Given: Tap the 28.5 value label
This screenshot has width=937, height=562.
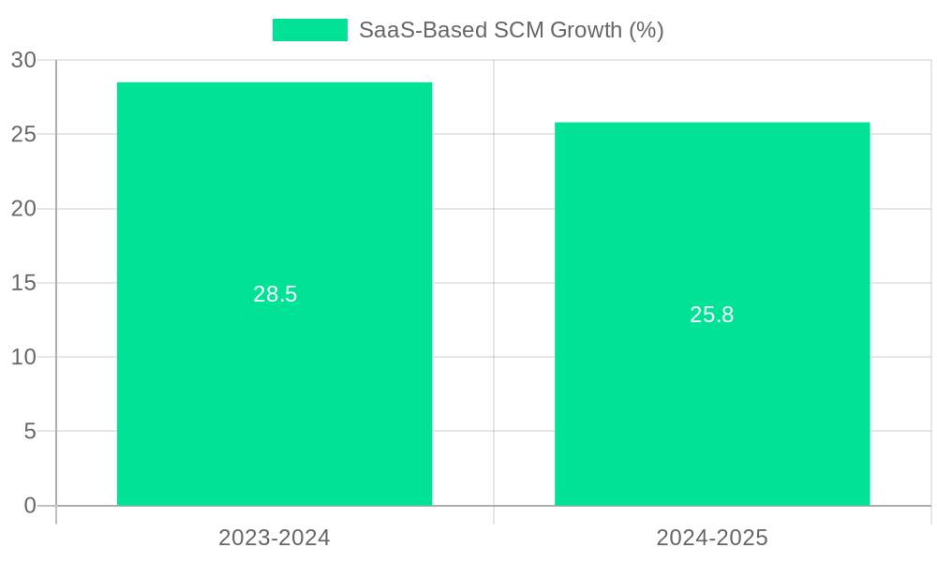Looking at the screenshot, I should (275, 294).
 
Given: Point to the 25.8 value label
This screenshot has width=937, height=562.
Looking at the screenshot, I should (712, 315).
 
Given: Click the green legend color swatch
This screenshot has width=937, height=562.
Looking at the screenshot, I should (309, 30).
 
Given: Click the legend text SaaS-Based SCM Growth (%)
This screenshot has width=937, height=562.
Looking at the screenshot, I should (511, 30).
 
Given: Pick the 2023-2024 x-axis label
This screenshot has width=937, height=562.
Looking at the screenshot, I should (275, 538).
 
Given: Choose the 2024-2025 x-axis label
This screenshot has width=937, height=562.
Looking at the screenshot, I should (712, 538).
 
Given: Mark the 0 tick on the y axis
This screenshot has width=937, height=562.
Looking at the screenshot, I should (30, 506).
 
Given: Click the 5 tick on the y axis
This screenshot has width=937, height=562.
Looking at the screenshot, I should (30, 432).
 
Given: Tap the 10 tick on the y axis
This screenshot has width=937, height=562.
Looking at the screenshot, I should (24, 357).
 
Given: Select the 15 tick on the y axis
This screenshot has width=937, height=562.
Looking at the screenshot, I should (24, 283).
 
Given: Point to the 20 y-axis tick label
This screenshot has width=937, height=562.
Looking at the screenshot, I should (24, 209).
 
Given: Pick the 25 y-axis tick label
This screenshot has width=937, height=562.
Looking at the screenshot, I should (24, 134).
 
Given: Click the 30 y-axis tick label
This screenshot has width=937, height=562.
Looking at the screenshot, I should (24, 60).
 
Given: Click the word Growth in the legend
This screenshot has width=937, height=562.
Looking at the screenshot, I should (586, 30).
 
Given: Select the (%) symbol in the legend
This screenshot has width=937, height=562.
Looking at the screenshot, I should (647, 30).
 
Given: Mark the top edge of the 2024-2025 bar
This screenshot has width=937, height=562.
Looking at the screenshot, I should (712, 123).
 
